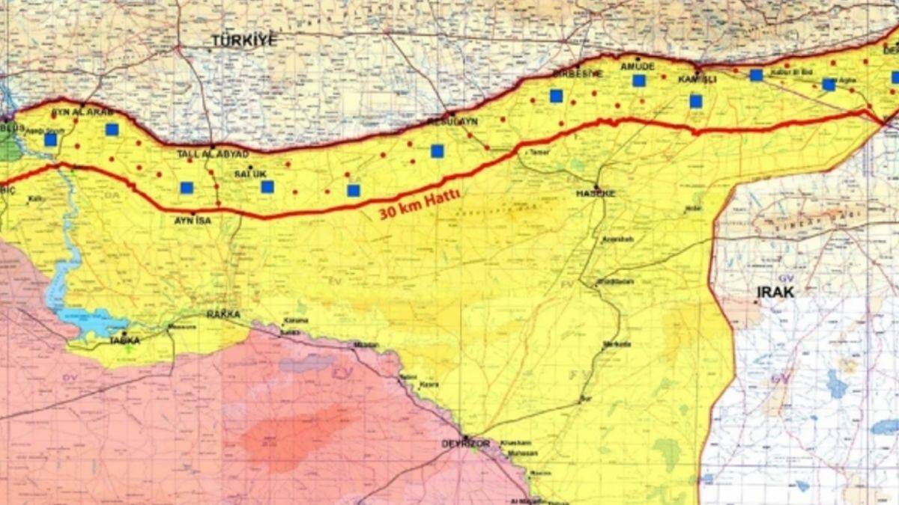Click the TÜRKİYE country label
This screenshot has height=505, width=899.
(x=243, y=40)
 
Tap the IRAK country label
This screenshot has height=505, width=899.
(x=775, y=292)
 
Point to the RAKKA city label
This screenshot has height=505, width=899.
(x=223, y=314)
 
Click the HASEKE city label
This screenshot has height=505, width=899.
(x=596, y=193)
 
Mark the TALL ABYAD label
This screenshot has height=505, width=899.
(x=212, y=153)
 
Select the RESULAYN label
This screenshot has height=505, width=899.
(x=452, y=121)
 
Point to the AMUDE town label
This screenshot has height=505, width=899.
(x=638, y=66)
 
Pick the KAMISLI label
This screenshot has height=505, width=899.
(x=697, y=79)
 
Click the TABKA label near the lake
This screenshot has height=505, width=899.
(x=124, y=340)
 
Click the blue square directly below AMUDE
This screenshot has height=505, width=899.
(x=638, y=81)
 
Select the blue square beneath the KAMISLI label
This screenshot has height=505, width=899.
(x=696, y=101)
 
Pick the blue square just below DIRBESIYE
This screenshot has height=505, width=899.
(x=556, y=96)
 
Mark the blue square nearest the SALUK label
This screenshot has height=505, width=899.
(x=267, y=186)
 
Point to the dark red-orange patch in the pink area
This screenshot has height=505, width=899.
(x=292, y=434)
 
